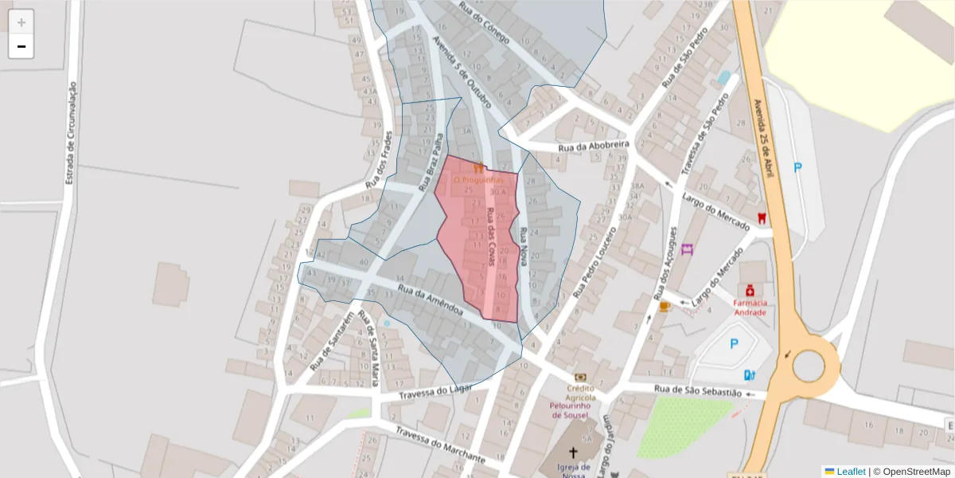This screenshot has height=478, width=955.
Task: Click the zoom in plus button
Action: click(21, 22)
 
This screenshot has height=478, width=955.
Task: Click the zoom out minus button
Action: click(21, 46)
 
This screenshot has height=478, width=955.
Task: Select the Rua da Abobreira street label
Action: click(594, 147)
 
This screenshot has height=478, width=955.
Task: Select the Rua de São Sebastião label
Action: click(698, 392)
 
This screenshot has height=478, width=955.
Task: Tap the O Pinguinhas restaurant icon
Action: click(478, 168)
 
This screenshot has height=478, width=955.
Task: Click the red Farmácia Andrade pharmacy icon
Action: click(750, 290)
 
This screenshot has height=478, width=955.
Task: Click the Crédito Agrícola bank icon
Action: click(581, 377)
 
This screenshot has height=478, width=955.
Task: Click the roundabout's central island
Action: click(809, 366)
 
